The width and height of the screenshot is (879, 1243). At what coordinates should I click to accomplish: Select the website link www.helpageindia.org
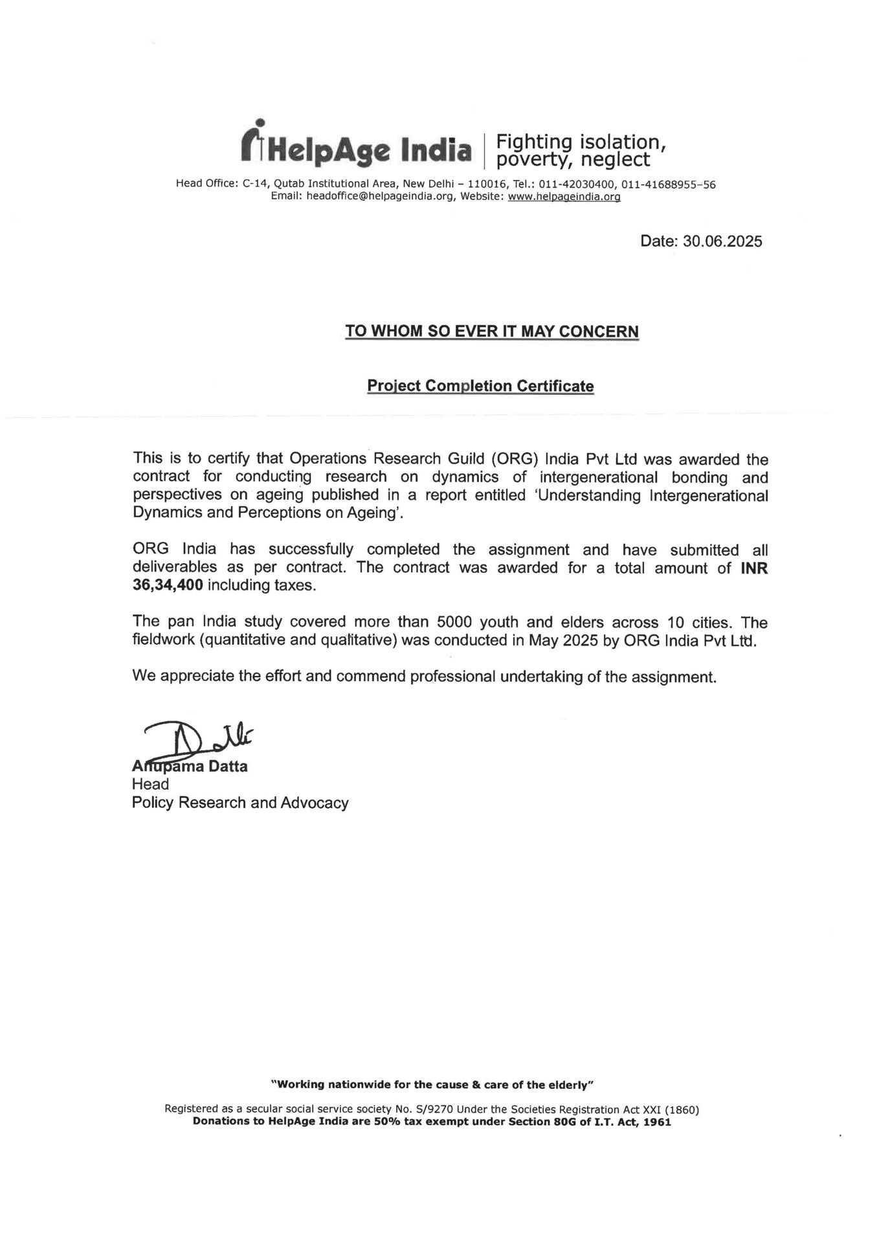pos(564,197)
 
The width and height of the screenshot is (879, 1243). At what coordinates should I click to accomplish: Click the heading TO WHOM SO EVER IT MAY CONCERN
pos(491,331)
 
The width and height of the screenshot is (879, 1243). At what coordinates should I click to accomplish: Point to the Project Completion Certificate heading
pos(480,386)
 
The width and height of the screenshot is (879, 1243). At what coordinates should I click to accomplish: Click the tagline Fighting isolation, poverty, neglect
pos(579,150)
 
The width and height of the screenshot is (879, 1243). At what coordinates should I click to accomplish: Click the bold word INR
pos(753,568)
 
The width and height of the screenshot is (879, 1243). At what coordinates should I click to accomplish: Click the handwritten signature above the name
pos(194,738)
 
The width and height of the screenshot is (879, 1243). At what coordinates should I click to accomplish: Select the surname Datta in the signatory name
pos(228,767)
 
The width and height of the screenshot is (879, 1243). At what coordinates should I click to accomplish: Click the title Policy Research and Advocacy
pos(240,803)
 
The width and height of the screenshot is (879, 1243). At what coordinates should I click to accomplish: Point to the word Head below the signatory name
pos(150,785)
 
